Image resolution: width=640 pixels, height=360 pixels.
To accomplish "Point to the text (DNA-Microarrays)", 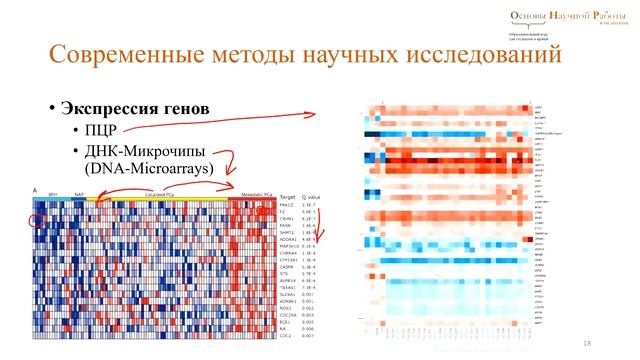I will pyautogui.click(x=149, y=170).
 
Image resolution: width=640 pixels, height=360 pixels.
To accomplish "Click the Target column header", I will pyautogui.click(x=288, y=197).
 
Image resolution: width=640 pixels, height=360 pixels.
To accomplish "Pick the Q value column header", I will pyautogui.click(x=311, y=197).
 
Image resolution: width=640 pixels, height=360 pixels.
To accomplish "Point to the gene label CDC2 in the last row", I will pyautogui.click(x=285, y=335).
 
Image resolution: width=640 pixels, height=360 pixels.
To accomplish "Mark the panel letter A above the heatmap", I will pyautogui.click(x=35, y=190).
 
